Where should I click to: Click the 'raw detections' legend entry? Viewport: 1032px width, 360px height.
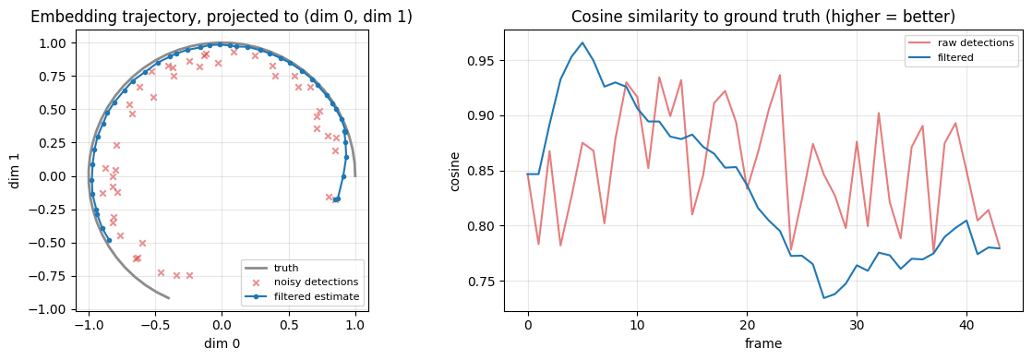click(x=964, y=42)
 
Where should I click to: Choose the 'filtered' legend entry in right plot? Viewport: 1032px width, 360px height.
click(x=949, y=57)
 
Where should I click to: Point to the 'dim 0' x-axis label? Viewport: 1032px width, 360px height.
click(x=222, y=342)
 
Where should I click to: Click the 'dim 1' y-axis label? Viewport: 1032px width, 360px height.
click(x=15, y=175)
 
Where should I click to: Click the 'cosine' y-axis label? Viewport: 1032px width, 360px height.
click(x=455, y=171)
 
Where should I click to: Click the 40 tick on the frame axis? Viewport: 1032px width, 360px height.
click(x=966, y=326)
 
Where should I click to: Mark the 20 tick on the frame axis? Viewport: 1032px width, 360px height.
click(x=747, y=326)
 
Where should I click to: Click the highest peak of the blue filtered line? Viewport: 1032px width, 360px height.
click(x=582, y=42)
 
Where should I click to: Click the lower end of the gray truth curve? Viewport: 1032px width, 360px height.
click(x=169, y=298)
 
